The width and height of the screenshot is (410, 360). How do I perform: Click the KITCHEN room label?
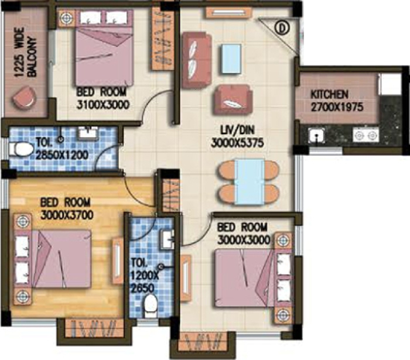[329, 95]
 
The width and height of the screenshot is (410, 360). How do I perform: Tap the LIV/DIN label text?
[237, 130]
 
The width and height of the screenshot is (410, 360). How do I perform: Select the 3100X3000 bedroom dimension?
[103, 105]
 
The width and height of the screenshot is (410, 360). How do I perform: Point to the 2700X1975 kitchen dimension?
[337, 107]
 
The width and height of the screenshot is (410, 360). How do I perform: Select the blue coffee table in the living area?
[231, 59]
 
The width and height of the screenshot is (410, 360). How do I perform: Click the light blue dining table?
[250, 181]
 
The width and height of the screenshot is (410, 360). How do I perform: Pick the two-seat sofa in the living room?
[197, 60]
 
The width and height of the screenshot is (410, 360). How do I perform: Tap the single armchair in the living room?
[233, 100]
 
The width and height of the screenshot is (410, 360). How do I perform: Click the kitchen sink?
[317, 135]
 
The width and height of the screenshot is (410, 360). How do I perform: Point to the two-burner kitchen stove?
[365, 135]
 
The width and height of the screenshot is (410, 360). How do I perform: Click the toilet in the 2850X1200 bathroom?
[20, 149]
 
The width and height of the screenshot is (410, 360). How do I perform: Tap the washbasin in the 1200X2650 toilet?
[168, 239]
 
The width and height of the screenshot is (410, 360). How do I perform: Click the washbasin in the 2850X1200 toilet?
[88, 133]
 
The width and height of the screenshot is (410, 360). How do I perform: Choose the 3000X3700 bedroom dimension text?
[67, 215]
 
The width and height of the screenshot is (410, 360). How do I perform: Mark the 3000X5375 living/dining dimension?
[237, 143]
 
